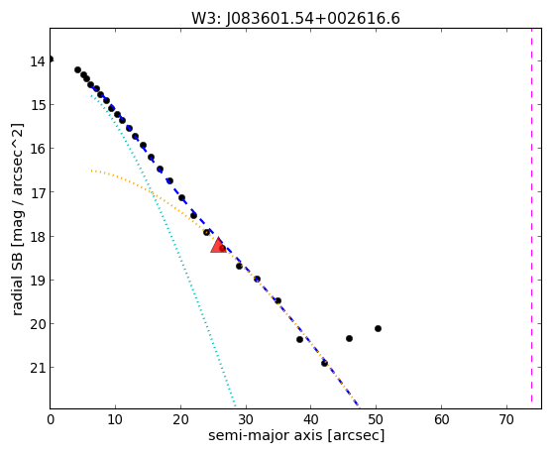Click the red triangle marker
point(218,245)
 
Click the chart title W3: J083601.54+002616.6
point(295,19)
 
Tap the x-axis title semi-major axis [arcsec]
point(296,435)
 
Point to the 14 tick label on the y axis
point(38,61)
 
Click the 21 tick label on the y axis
point(38,368)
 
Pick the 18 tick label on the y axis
point(38,237)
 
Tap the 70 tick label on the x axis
point(506,419)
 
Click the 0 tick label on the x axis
point(51,419)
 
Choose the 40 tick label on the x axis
point(311,419)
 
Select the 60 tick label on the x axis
point(442,419)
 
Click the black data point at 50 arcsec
point(378,328)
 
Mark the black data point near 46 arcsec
point(349,338)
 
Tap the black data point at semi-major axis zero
point(51,59)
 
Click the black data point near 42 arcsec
point(324,363)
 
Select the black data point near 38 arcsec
point(299,339)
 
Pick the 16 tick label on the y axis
point(38,149)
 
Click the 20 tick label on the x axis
point(180,419)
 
